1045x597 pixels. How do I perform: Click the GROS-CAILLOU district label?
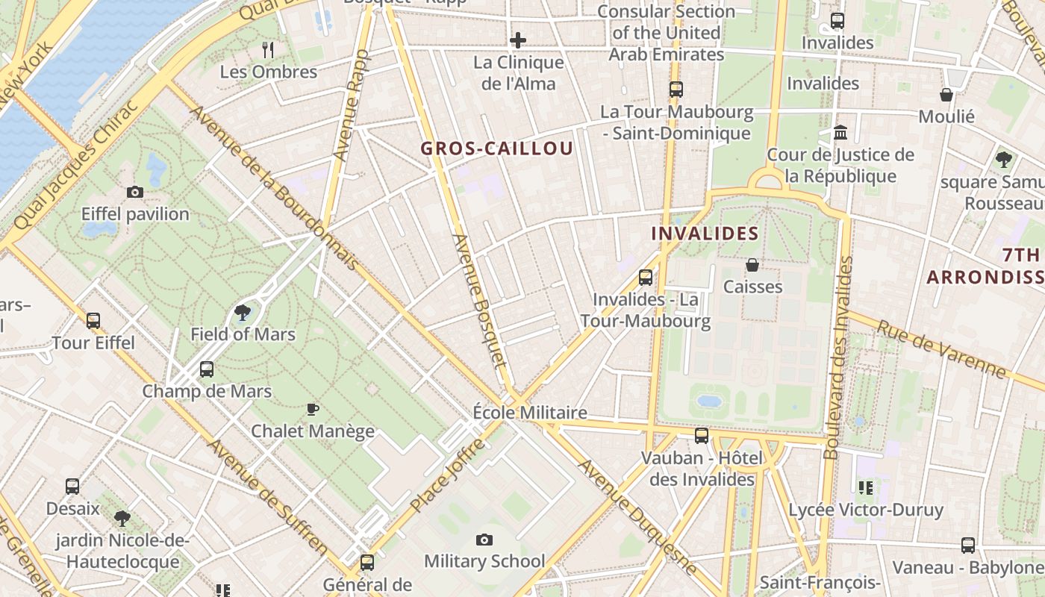[497, 149]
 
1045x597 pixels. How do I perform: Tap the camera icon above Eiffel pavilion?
[135, 193]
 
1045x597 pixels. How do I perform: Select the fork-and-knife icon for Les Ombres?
[268, 50]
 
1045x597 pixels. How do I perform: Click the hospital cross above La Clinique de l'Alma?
[518, 40]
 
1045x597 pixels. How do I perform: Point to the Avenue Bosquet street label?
[479, 301]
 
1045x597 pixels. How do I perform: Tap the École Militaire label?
[530, 413]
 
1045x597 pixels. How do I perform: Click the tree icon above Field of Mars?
[243, 313]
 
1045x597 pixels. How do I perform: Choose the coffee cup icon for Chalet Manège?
[313, 409]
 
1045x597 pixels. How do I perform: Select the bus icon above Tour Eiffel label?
[93, 321]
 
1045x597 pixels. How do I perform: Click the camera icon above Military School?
[484, 540]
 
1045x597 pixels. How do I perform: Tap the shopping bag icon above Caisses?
[752, 265]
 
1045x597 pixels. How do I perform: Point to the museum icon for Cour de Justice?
[840, 134]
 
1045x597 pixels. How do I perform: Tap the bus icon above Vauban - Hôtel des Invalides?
[702, 436]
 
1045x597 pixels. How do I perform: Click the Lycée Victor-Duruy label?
[866, 510]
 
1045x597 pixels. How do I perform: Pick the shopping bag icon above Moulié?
[946, 95]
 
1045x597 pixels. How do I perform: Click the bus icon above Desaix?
[72, 487]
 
